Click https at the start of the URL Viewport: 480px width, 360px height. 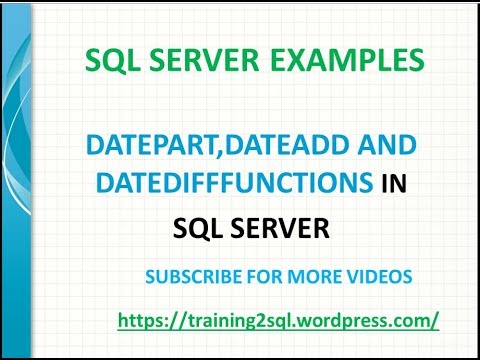[138, 321]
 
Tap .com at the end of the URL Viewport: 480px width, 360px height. [410, 321]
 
